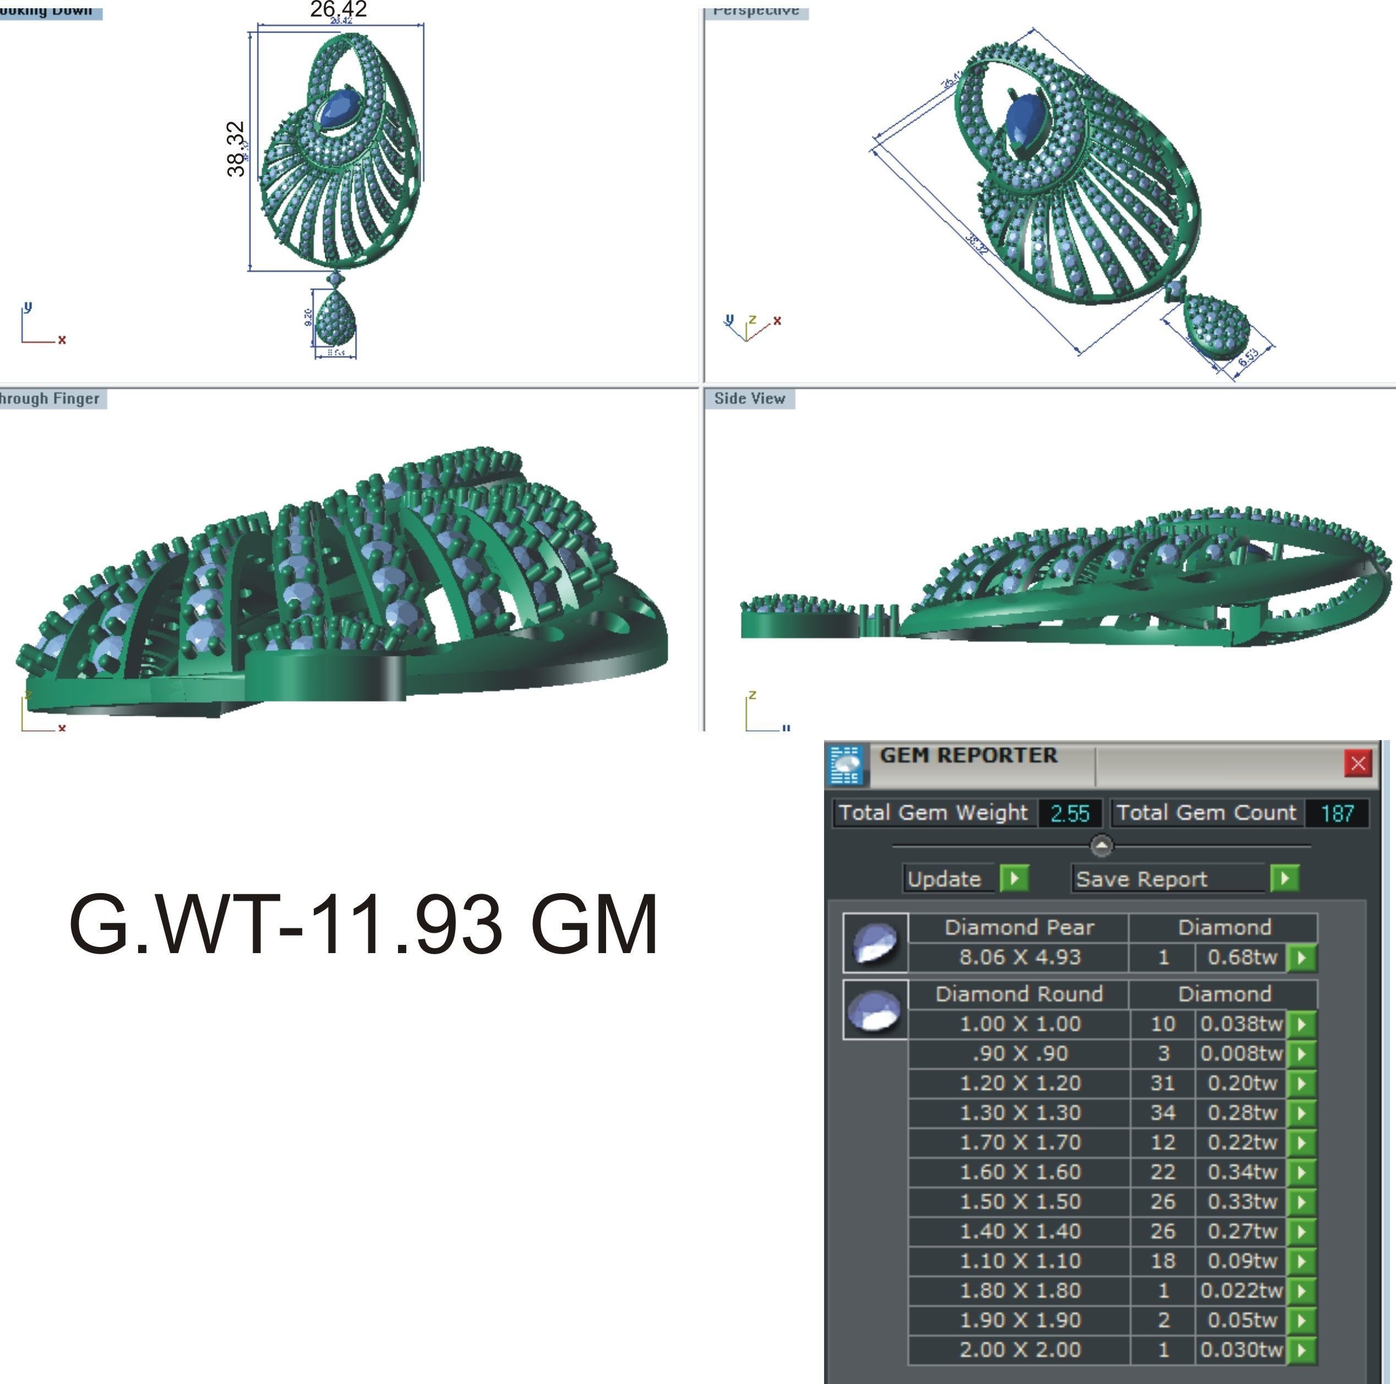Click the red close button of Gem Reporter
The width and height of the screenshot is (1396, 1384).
pyautogui.click(x=1357, y=763)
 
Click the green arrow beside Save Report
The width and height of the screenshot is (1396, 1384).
pyautogui.click(x=1284, y=878)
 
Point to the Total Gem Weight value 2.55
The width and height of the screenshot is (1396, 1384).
pyautogui.click(x=1070, y=813)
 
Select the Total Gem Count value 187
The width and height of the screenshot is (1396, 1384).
pyautogui.click(x=1337, y=813)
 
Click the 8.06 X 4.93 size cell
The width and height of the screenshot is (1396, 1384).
pyautogui.click(x=1019, y=957)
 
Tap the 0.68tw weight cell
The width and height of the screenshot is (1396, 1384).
pyautogui.click(x=1241, y=957)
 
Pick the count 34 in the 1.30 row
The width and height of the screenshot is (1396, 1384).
pyautogui.click(x=1163, y=1112)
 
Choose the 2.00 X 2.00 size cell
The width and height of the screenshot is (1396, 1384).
pyautogui.click(x=1019, y=1349)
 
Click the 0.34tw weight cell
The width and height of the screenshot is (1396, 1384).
pyautogui.click(x=1241, y=1172)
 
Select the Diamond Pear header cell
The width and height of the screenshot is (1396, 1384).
pyautogui.click(x=1019, y=927)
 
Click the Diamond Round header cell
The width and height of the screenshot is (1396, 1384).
pyautogui.click(x=1019, y=994)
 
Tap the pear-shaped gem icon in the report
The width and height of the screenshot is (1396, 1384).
pyautogui.click(x=876, y=943)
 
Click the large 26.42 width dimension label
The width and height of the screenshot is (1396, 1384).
pyautogui.click(x=338, y=9)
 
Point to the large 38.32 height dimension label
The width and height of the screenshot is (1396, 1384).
pyautogui.click(x=236, y=149)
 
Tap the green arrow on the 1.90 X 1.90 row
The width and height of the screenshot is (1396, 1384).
pyautogui.click(x=1301, y=1320)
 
